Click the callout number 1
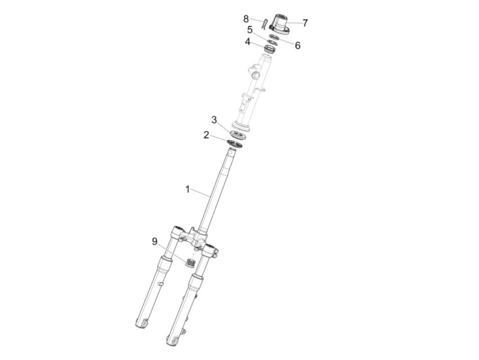tap(187, 189)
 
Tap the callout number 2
tap(206, 135)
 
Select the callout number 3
tap(214, 120)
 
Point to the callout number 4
tap(247, 42)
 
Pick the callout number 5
tap(250, 30)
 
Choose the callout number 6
tap(298, 46)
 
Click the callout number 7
tap(305, 23)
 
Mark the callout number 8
tap(246, 19)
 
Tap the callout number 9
tap(155, 242)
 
